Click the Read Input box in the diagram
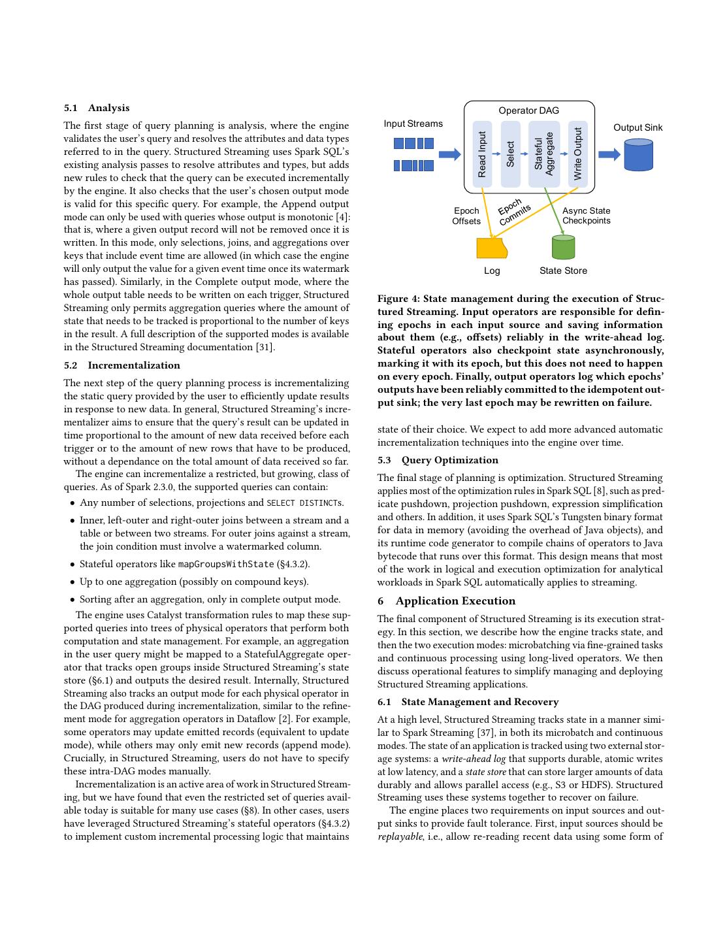coord(482,154)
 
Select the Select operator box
coord(511,154)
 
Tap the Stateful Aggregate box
coord(543,154)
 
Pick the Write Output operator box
coord(578,154)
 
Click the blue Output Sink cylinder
coord(638,154)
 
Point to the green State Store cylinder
coord(563,248)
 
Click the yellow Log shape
coord(491,248)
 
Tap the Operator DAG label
coord(528,110)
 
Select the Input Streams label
coord(413,124)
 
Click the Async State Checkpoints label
coord(586,216)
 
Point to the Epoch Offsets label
coord(466,216)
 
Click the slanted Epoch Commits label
coord(513,212)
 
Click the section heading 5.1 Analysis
coord(97,108)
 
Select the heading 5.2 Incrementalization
coord(122,365)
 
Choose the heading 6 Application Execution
coord(447,601)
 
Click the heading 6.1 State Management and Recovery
coord(468,702)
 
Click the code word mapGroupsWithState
coord(226,564)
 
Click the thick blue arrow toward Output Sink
coord(609,154)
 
